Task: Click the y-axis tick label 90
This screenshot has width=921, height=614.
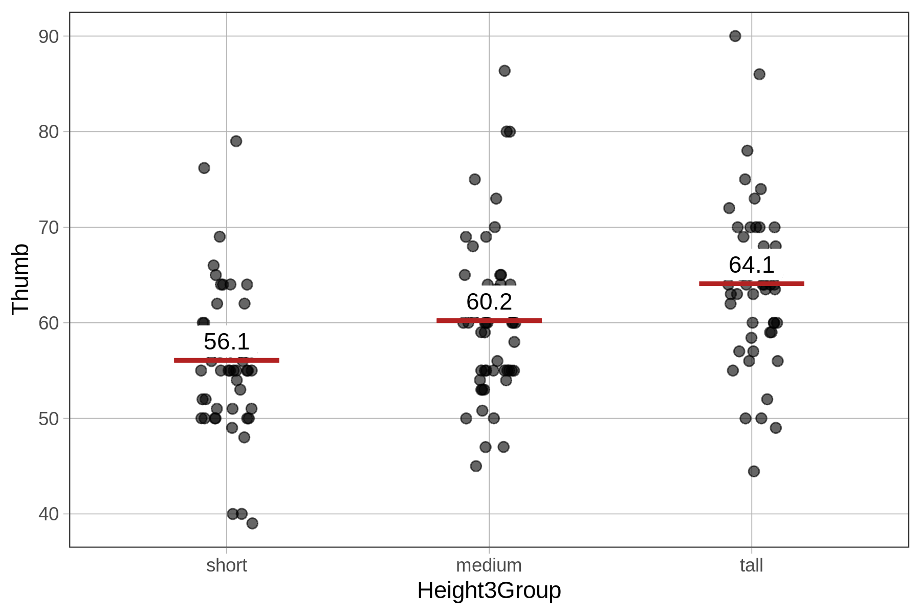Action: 49,36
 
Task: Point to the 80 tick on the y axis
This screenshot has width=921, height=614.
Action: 49,132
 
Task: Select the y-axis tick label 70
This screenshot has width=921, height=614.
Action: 49,227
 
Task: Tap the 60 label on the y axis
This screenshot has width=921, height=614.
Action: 49,323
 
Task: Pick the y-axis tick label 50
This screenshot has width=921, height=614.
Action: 49,419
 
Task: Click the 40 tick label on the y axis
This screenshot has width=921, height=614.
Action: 49,514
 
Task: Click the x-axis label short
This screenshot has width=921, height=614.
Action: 227,565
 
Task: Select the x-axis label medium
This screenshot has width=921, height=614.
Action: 489,565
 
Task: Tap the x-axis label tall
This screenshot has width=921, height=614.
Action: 751,565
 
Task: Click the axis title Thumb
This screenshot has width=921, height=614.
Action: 20,279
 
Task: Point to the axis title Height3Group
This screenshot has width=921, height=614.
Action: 489,590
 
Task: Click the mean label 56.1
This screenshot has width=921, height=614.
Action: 227,342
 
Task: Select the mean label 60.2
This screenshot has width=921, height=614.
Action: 489,302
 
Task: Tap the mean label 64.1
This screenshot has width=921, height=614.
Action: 751,265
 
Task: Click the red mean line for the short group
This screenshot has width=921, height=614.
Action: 227,360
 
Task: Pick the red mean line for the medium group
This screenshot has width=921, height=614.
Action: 489,321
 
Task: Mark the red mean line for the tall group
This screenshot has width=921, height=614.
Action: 751,283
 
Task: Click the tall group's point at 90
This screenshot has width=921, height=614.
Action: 735,36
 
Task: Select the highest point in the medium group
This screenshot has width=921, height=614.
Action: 505,71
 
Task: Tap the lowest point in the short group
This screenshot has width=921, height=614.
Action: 252,523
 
